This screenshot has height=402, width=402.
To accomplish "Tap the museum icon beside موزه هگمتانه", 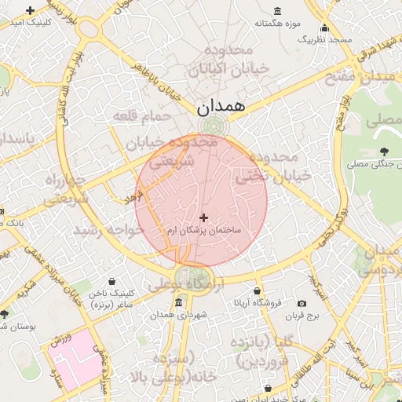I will click(x=278, y=10).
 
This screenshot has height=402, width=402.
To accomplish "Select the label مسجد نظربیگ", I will click(x=330, y=38).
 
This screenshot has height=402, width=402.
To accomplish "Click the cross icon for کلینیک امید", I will click(x=30, y=10).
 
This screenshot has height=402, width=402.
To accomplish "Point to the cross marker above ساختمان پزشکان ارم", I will click(x=204, y=217).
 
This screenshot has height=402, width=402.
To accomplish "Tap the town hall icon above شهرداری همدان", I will click(x=179, y=303).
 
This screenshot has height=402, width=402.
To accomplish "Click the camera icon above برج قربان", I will click(x=302, y=304).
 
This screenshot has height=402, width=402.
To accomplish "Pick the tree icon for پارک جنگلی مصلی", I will click(x=383, y=152).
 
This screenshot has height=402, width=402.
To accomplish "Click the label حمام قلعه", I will click(x=141, y=117).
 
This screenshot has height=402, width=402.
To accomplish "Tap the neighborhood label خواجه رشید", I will click(x=108, y=231).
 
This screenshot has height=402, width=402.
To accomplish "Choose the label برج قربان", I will click(x=299, y=316).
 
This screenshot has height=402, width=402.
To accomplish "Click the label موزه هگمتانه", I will click(x=278, y=23).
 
